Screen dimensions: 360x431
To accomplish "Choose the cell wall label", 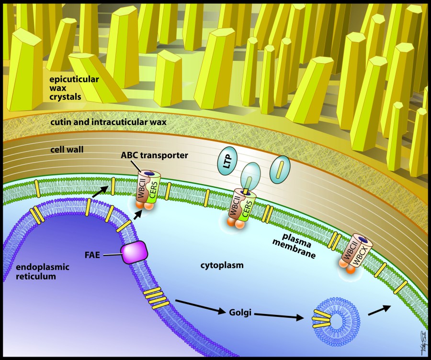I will pyautogui.click(x=67, y=150).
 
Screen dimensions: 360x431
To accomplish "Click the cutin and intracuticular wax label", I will pyautogui.click(x=108, y=122).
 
